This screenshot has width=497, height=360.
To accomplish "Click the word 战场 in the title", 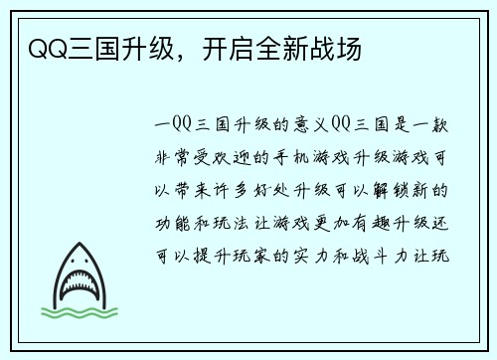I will [x=338, y=47].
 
